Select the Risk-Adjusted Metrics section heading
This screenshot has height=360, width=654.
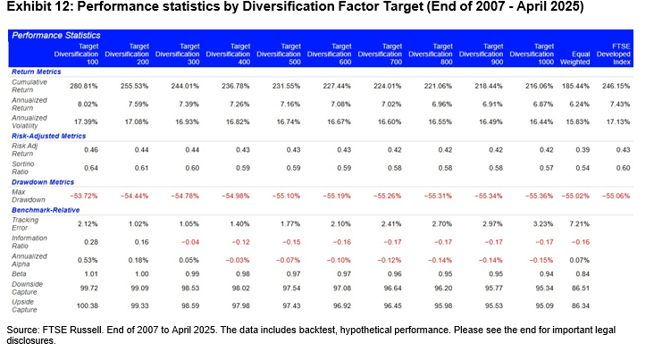(x=48, y=137)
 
